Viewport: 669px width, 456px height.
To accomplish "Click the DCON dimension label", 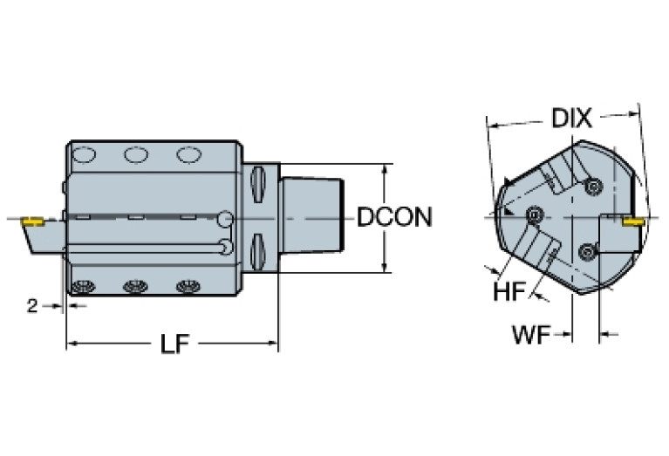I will tap(394, 216).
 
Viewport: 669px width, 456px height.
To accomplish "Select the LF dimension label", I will tap(175, 344).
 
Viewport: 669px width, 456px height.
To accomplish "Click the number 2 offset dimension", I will tap(31, 305).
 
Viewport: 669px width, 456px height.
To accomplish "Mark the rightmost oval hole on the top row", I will tap(188, 155).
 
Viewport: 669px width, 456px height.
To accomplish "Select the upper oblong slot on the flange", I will tap(257, 184).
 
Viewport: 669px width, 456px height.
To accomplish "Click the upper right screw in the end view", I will tap(595, 185).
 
